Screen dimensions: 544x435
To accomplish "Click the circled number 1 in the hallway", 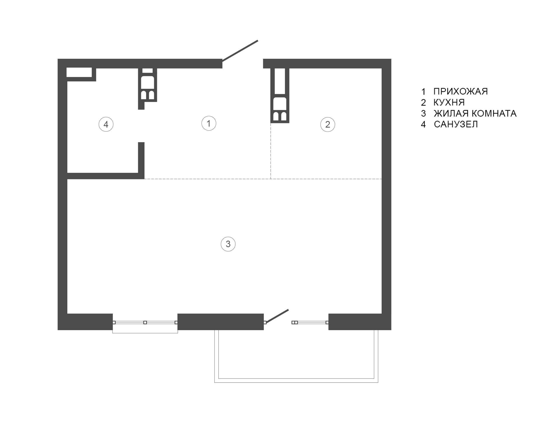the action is coord(209,123).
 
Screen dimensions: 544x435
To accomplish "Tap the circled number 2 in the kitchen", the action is coord(328,124).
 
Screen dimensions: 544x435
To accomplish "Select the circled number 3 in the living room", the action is coord(228,244).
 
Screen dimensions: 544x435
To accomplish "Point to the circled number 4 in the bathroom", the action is coord(106,124).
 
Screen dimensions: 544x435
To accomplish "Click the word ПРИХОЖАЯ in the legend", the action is coord(460,91).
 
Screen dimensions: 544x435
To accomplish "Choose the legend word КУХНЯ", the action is coord(449,102).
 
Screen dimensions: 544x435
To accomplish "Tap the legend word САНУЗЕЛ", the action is coord(456,124).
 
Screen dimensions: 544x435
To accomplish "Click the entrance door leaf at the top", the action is coord(240,51).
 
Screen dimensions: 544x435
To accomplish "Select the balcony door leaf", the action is coord(277,316).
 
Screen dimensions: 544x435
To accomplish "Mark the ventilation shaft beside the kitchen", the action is coord(280,96).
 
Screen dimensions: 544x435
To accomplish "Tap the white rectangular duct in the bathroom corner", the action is coord(79,72).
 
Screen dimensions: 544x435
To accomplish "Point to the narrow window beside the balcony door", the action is coord(310,322).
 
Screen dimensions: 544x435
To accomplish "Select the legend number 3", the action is coord(423,114).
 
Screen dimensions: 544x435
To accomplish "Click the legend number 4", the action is coord(423,124).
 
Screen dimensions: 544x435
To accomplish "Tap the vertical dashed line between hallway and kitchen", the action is coord(270,151).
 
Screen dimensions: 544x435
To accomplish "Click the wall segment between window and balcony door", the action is coord(220,322).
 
